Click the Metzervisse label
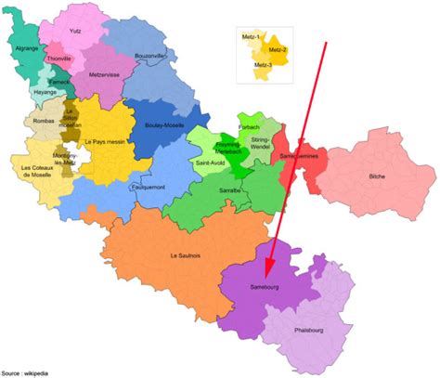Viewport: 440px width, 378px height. (x=105, y=75)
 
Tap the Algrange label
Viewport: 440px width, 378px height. (x=27, y=47)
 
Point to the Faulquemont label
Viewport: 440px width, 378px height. (x=149, y=187)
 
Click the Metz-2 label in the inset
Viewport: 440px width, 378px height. (x=278, y=48)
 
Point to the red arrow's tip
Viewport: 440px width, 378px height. (x=266, y=278)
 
